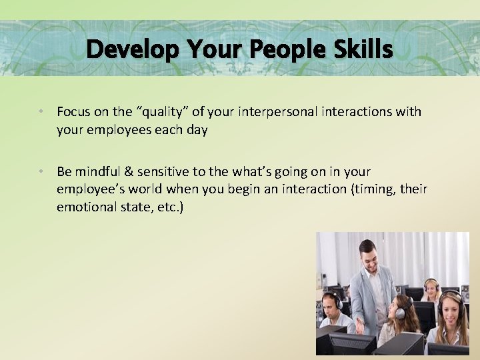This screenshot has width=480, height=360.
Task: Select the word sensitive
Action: coord(165,171)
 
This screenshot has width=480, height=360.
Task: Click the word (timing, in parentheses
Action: coord(374,189)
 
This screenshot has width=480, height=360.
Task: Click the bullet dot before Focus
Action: coord(41,111)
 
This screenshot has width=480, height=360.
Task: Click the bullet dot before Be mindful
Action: coord(41,171)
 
